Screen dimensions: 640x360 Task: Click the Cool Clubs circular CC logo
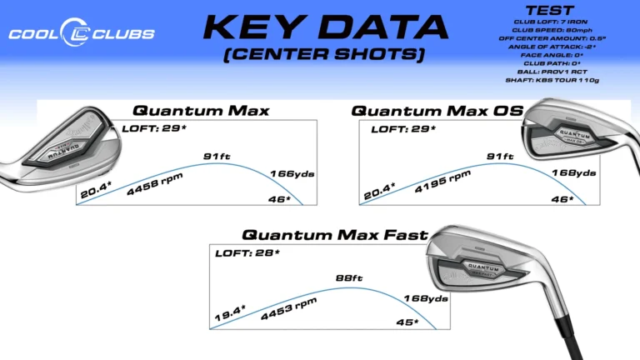point(75,32)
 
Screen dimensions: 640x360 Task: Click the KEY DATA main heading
point(325,27)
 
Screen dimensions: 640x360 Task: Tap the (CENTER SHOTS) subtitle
point(324,54)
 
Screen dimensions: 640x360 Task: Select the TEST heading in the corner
point(549,10)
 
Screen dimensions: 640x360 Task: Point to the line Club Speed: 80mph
point(552,30)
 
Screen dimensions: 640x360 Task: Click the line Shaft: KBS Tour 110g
point(552,80)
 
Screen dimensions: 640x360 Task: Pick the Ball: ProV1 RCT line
point(552,72)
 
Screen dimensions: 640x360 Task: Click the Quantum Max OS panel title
point(437,111)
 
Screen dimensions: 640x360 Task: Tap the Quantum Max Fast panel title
point(335,235)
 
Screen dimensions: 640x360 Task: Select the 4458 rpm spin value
point(155,183)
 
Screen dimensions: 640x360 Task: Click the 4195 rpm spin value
point(442,181)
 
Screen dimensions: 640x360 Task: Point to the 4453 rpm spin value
point(288,308)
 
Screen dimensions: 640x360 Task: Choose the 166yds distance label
point(292,174)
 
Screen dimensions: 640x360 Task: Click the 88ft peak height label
point(349,278)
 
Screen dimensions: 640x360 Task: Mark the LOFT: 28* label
point(247,253)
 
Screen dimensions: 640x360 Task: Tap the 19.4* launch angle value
point(230,312)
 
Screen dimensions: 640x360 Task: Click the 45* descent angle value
point(407,322)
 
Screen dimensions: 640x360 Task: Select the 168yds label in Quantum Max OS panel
point(574,173)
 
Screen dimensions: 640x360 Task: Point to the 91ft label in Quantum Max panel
point(217,157)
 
